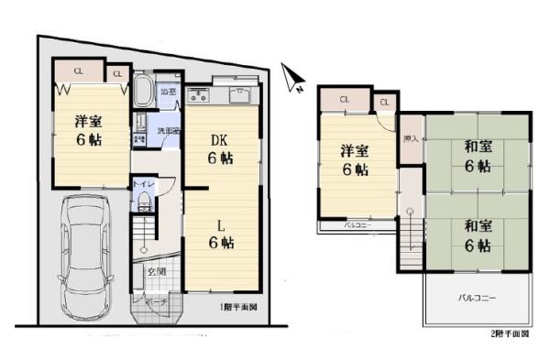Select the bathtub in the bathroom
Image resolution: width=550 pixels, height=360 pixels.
[144, 93]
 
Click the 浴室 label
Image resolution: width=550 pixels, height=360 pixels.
[168, 93]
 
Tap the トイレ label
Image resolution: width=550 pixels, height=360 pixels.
[142, 185]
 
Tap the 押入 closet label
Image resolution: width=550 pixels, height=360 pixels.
[410, 139]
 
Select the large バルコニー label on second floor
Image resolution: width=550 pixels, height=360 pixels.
[475, 299]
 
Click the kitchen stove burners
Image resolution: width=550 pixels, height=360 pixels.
[199, 96]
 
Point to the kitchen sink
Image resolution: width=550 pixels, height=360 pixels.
[240, 95]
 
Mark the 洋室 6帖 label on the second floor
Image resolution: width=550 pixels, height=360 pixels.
[355, 160]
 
